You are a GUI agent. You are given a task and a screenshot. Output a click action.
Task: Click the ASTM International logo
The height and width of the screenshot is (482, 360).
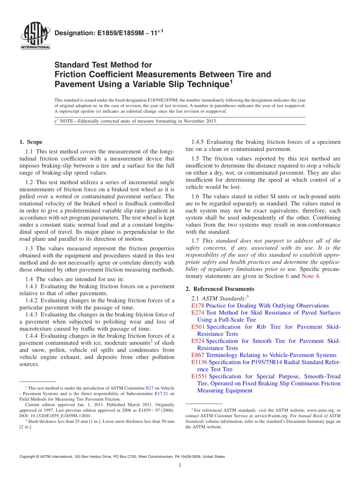[35, 36]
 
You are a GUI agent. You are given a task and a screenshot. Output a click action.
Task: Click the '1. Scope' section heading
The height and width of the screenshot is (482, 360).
[31, 142]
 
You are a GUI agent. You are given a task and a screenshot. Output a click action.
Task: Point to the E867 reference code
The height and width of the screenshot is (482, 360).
[198, 355]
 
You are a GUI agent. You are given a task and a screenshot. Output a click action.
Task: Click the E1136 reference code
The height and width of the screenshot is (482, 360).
[199, 362]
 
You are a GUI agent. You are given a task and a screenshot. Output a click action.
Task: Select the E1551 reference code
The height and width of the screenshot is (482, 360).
[199, 376]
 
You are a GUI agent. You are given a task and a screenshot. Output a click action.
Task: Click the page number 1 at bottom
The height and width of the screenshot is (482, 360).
[180, 465]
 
